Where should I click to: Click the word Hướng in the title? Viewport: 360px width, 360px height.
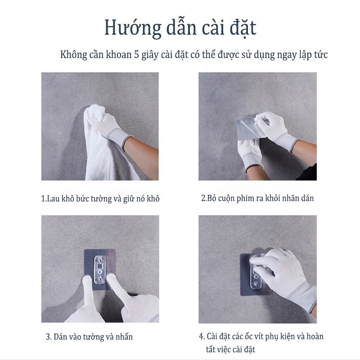click(x=128, y=27)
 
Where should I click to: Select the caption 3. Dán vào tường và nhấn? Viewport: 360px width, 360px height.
click(x=89, y=337)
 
